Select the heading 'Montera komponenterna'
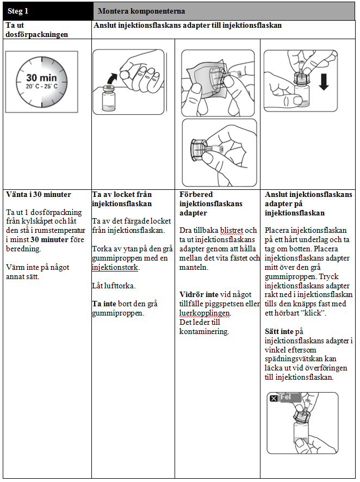(x=141, y=11)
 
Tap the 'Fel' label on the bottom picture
(x=285, y=398)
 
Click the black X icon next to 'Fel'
(x=274, y=398)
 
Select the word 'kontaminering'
(x=204, y=331)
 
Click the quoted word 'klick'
(x=313, y=313)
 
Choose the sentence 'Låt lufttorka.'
(x=111, y=286)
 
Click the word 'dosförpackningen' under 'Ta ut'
(x=36, y=34)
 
